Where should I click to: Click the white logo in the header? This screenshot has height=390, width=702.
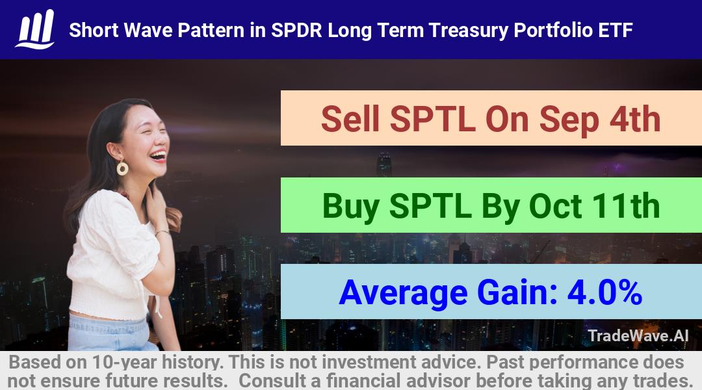point(35,29)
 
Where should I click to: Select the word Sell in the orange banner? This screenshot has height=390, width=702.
point(350,119)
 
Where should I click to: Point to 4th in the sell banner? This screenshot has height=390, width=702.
point(635,119)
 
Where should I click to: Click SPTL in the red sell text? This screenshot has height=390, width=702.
point(432,119)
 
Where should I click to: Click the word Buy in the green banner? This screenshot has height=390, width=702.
point(351,207)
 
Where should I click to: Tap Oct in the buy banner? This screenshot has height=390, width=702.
point(556,206)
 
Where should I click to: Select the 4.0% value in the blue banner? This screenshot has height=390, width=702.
point(604,292)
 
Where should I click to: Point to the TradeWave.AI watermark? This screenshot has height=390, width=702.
point(638,335)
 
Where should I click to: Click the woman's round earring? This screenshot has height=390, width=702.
point(122,168)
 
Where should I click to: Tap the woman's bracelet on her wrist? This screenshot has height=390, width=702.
point(162,233)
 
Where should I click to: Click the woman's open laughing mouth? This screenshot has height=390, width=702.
point(159,155)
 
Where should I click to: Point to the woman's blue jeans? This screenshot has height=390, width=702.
point(110,333)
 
